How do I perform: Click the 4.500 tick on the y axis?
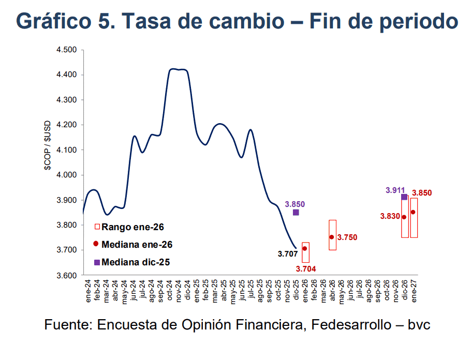[x=67, y=50]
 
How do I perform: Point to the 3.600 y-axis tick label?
[x=67, y=275]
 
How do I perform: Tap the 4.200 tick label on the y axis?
[x=67, y=125]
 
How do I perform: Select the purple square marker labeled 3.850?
[x=296, y=213]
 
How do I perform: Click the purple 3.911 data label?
[x=395, y=190]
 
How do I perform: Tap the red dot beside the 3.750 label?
[x=332, y=237]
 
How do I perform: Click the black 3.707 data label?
[x=287, y=254]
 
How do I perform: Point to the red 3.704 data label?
[x=305, y=268]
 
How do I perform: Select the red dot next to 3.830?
[x=404, y=217]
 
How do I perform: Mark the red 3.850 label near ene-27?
[x=422, y=193]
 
